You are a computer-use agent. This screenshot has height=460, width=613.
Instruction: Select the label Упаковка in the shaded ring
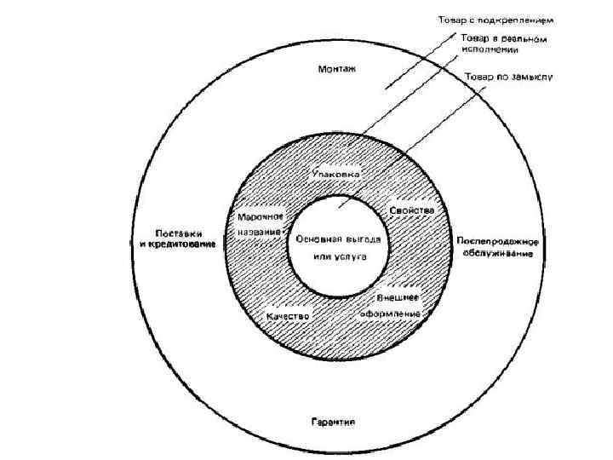[336, 174]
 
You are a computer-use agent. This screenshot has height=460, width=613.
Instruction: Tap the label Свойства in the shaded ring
[412, 210]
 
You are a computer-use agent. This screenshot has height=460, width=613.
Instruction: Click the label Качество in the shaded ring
[287, 315]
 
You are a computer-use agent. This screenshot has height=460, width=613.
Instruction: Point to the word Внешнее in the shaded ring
[395, 298]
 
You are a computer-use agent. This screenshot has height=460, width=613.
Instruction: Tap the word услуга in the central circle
[347, 256]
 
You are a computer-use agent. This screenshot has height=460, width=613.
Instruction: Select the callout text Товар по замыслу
[508, 77]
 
